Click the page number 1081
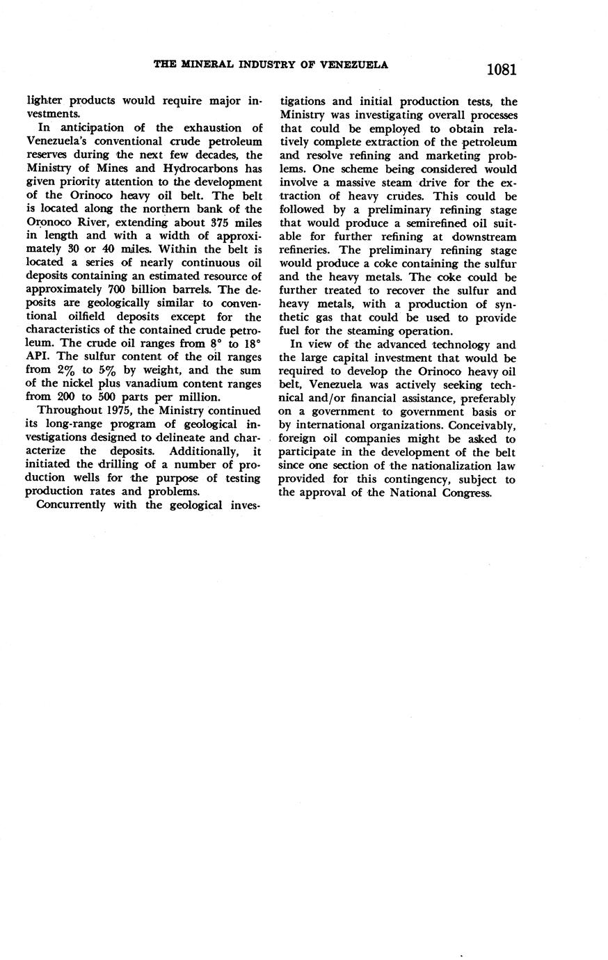click(x=501, y=70)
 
